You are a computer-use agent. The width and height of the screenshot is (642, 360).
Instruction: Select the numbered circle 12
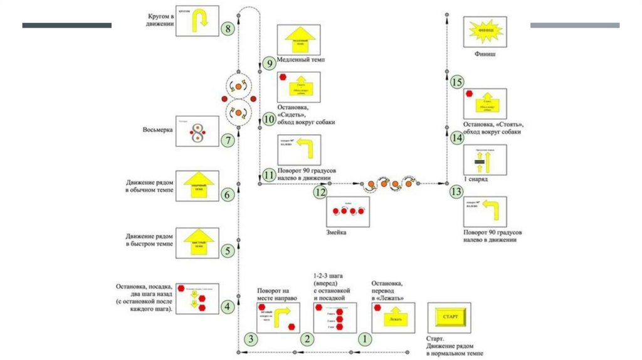[x=320, y=193]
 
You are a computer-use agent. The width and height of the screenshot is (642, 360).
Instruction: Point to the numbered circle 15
[x=457, y=83]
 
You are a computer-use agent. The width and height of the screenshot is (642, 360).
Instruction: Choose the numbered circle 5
[x=228, y=250]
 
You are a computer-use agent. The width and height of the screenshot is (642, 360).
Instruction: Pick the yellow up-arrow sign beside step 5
[x=197, y=241]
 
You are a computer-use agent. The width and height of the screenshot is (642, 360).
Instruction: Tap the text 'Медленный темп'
[x=304, y=61]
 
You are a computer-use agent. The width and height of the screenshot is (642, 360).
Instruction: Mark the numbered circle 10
[x=269, y=119]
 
